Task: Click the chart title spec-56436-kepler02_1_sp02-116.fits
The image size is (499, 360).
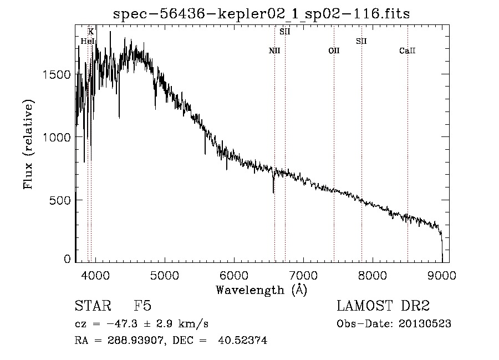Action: coord(261,14)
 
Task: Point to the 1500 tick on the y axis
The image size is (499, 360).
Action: coord(57,75)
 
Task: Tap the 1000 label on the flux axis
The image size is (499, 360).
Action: coord(57,138)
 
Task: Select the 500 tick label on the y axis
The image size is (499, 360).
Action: coord(60,201)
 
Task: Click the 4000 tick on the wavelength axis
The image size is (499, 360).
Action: coord(95,275)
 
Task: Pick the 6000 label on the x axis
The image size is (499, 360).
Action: coord(234,275)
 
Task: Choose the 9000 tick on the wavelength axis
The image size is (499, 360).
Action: coord(442,275)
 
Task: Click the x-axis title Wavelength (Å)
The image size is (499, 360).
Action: coord(261,290)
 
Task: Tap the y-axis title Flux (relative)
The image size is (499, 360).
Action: coord(28,144)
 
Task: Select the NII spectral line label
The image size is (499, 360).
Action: coord(274,50)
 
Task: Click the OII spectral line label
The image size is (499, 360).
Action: coord(334,50)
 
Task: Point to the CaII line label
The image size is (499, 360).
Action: coord(408,50)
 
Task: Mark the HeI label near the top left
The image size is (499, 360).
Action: coord(88,41)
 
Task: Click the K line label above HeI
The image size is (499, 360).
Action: coord(91,32)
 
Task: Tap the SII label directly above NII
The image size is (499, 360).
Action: coord(285,32)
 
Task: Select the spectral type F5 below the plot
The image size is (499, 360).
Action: coord(142,306)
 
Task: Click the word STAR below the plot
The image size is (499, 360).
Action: coord(93,306)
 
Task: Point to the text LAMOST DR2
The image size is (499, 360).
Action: coord(383,306)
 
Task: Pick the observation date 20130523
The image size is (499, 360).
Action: coord(425,324)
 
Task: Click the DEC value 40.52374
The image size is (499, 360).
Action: coord(242,340)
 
